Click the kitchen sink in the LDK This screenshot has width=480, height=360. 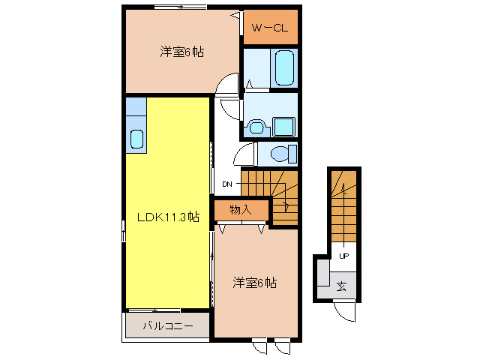click(x=136, y=139)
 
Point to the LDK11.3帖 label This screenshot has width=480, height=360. click(x=167, y=217)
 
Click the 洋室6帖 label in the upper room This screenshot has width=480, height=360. click(x=181, y=52)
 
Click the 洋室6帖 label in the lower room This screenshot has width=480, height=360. click(x=254, y=283)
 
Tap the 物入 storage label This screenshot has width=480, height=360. click(x=240, y=211)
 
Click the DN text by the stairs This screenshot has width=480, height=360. click(x=227, y=184)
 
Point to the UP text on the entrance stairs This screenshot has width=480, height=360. click(x=344, y=256)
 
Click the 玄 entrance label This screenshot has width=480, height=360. click(x=341, y=286)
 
